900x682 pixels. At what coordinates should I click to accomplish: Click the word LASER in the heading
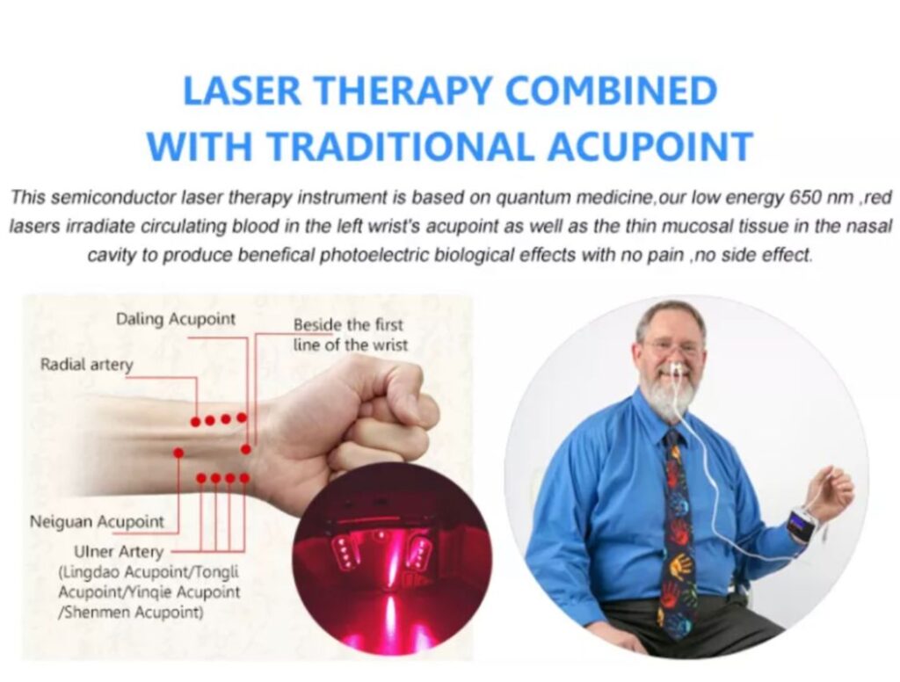coord(242,91)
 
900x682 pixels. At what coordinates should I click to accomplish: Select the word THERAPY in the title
coord(403,91)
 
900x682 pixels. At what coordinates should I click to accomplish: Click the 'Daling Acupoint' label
coord(176,319)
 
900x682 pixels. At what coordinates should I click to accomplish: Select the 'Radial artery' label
coord(87,365)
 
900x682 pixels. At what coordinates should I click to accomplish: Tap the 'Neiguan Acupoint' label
coord(97,522)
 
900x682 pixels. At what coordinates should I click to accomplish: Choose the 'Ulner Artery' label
coord(119,552)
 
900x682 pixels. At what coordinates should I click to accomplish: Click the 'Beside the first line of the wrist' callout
coord(350,335)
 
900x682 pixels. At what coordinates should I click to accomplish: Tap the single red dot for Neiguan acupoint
coord(178,453)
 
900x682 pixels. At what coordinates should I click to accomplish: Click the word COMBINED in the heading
coord(612,91)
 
